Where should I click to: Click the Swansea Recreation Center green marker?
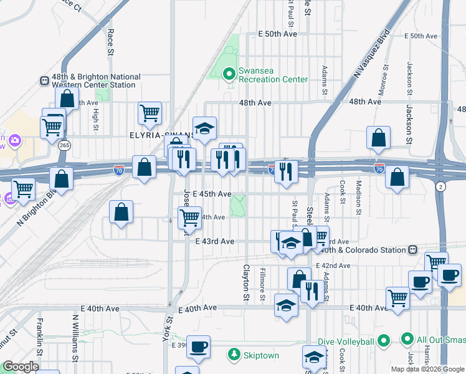(229, 74)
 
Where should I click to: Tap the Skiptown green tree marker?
(234, 355)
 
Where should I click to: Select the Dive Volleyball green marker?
(384, 341)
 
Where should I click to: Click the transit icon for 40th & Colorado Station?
(412, 250)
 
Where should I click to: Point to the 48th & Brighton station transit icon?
(44, 80)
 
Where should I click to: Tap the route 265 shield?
(64, 145)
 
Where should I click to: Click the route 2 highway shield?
(441, 186)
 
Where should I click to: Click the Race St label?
(110, 41)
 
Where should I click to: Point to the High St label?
(95, 120)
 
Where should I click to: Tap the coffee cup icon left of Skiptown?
(199, 347)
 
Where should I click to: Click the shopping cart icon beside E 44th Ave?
(189, 218)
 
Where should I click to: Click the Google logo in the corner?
(20, 367)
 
